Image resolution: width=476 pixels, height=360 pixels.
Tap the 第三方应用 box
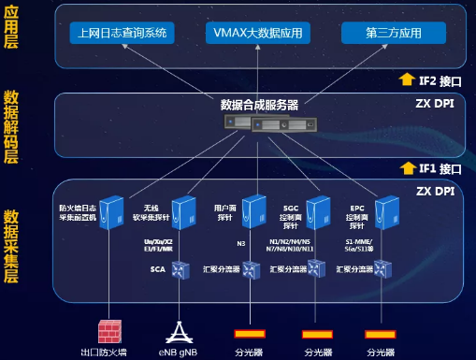[x=394, y=34]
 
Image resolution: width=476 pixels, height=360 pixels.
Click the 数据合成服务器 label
[x=259, y=104]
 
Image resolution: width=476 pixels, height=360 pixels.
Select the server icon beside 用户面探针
[x=252, y=209]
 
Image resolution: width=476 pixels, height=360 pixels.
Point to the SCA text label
[x=157, y=267]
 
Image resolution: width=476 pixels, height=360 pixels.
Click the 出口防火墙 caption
[x=104, y=353]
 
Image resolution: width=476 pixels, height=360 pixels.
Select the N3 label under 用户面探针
[x=240, y=242]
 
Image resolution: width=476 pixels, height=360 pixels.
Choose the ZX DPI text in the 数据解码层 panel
[x=435, y=103]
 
